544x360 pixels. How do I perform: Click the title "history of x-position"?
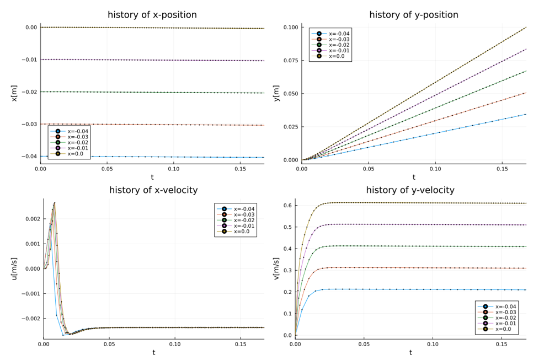click(152, 15)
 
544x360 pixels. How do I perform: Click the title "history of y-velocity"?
click(410, 190)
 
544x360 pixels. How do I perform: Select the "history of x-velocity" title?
click(153, 190)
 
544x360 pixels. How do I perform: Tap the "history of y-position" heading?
click(413, 15)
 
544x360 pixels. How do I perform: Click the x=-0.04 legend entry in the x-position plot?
click(77, 131)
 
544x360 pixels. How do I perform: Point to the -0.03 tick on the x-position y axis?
click(30, 124)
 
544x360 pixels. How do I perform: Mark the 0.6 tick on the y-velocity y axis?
click(285, 206)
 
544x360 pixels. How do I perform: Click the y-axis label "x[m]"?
click(15, 93)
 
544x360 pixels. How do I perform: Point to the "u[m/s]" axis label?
click(15, 268)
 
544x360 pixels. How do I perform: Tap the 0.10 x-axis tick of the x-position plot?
click(173, 169)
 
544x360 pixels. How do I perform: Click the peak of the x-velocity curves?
click(55, 202)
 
